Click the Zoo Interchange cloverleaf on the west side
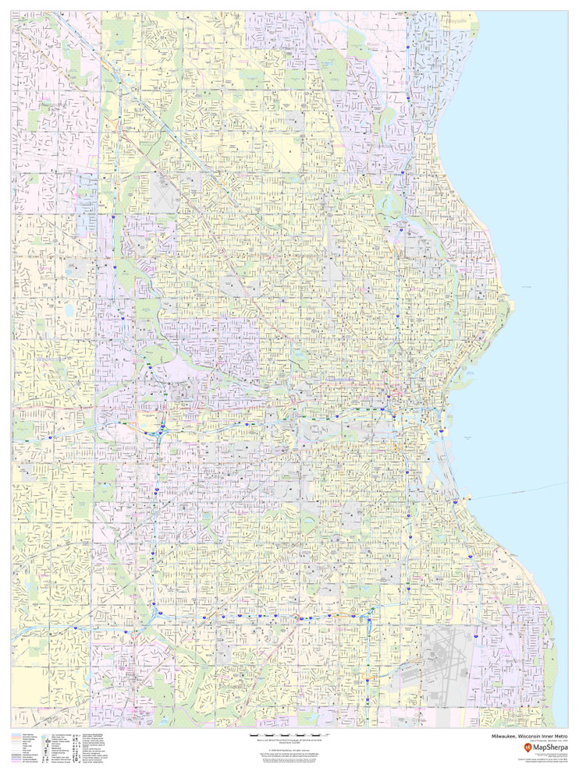click(160, 430)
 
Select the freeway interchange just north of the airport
click(367, 620)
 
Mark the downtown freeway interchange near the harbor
click(407, 412)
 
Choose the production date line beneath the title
click(547, 741)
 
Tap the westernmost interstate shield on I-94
click(48, 439)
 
